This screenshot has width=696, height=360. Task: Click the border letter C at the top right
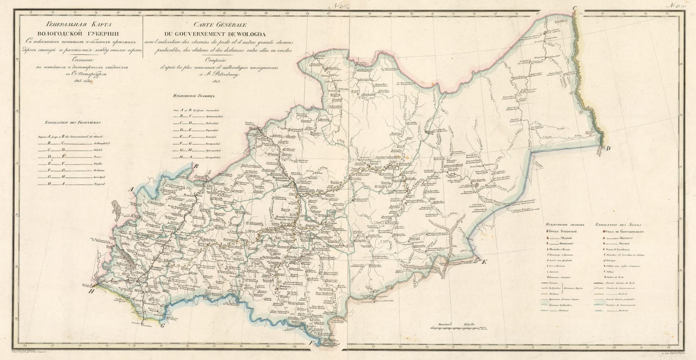(x=574, y=8)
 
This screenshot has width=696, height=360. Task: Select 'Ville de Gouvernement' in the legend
(x=625, y=232)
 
